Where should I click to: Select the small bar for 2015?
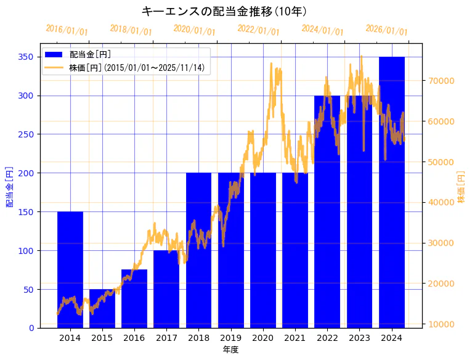point(102,308)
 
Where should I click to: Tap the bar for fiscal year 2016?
point(134,298)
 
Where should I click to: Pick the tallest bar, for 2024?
point(392,192)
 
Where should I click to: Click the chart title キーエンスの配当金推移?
point(224,11)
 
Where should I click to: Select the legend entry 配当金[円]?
point(90,55)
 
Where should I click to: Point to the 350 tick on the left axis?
point(26,57)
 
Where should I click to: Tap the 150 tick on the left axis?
point(26,212)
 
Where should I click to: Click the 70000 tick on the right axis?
point(441,81)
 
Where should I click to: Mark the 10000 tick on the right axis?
point(441,324)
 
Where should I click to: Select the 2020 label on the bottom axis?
point(263,338)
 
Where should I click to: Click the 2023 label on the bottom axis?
point(359,338)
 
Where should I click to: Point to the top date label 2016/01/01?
point(67,30)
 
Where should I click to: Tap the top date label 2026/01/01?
point(386,30)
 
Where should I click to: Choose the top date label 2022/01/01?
point(258,30)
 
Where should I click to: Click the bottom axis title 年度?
point(230,350)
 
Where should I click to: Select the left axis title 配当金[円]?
point(10,186)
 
